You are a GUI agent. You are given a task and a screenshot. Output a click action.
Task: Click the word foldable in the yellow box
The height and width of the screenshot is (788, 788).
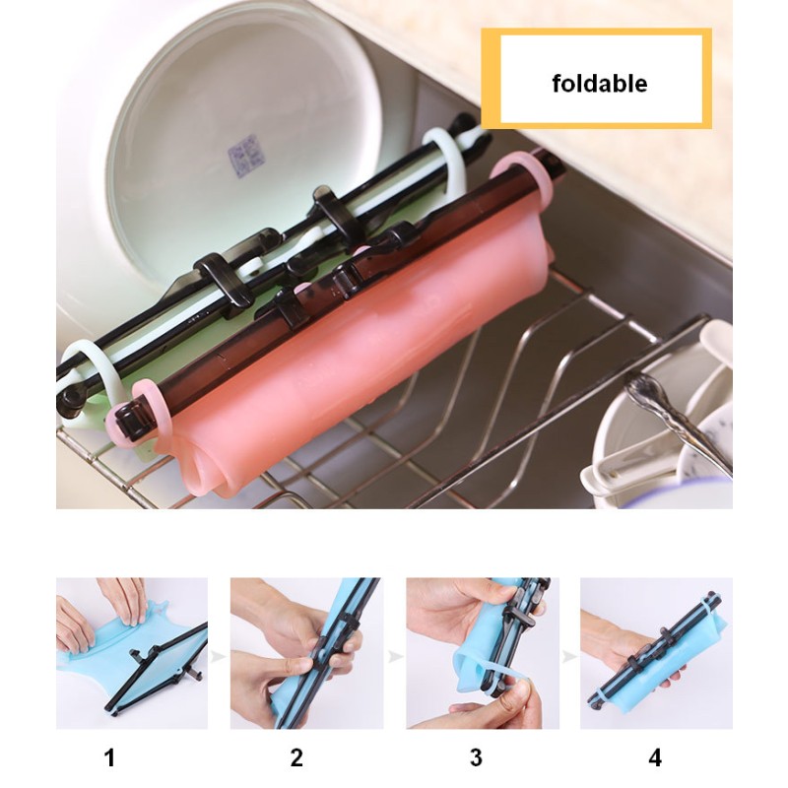(x=599, y=83)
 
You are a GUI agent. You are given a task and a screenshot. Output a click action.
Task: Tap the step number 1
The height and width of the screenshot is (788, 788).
(x=110, y=757)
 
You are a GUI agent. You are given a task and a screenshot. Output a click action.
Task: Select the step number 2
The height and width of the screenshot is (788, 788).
(x=296, y=757)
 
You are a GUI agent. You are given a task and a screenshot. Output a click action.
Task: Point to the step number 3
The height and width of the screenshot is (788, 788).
(x=477, y=757)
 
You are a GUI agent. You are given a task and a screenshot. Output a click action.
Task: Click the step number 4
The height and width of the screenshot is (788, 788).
(x=655, y=757)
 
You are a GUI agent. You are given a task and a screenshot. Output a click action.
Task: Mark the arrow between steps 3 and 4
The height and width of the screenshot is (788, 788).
(x=569, y=653)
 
